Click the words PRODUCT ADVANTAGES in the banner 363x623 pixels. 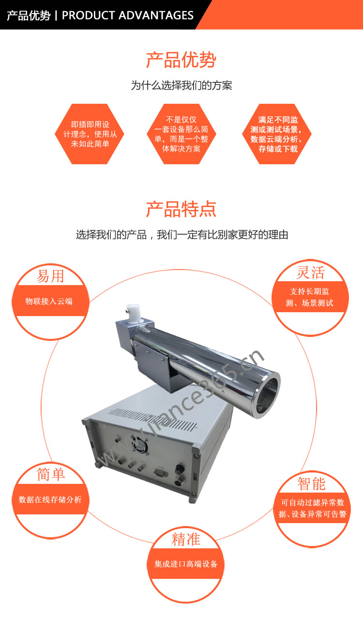[127, 16]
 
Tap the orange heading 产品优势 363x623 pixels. [181, 60]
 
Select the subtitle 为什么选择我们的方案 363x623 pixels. [181, 85]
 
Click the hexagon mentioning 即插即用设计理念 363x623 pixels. [90, 134]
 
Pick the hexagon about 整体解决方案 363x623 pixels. [181, 134]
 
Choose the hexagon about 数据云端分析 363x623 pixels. [277, 134]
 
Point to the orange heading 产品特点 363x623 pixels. [181, 209]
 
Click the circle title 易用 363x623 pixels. [50, 276]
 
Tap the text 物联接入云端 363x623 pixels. [49, 301]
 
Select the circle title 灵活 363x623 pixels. [310, 272]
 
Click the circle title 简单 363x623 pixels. [51, 474]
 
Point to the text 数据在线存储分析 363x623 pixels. [50, 499]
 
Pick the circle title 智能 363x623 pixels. [311, 483]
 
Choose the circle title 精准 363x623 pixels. [185, 539]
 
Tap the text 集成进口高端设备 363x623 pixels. [186, 564]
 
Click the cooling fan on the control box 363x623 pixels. [140, 444]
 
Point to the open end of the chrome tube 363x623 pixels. [267, 395]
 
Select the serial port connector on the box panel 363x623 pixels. [161, 472]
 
